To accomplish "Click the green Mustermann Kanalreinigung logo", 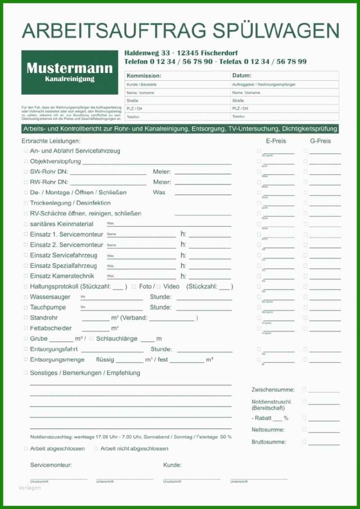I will [70, 72].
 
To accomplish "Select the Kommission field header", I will [144, 76].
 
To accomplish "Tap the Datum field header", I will [242, 76].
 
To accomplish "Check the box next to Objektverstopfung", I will [25, 161].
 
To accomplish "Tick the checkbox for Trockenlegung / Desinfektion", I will [25, 203].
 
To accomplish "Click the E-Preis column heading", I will [276, 141].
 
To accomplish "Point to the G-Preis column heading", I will [320, 141].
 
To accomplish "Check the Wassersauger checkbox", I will [25, 297].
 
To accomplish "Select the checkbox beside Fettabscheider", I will [25, 328].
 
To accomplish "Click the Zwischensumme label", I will [273, 390].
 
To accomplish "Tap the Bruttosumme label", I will [269, 442].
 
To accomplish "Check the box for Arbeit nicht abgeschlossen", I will [96, 449].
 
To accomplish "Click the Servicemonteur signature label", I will [51, 465].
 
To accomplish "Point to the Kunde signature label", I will [172, 465].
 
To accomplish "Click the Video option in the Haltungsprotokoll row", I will [171, 286].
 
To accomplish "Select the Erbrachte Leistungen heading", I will [51, 141].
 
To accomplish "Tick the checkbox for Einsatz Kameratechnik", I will [25, 276].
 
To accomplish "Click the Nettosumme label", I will [268, 430].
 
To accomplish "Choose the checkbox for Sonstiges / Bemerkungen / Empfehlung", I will [25, 373].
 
